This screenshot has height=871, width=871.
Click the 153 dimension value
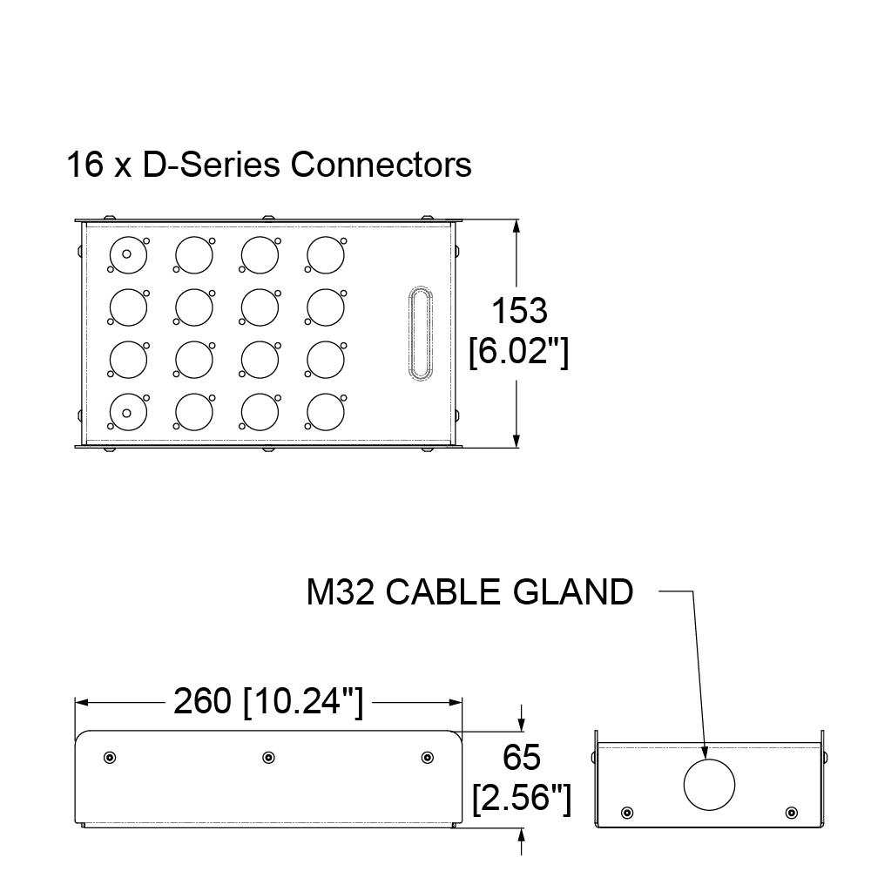(x=519, y=310)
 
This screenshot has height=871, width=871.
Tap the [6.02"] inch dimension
(x=519, y=351)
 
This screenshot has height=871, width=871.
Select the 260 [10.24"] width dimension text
(x=269, y=701)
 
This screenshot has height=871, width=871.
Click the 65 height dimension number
(x=522, y=757)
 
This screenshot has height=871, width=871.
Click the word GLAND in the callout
(x=573, y=591)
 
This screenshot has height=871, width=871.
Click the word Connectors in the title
(x=381, y=165)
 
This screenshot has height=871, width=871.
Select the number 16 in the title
(x=85, y=165)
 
